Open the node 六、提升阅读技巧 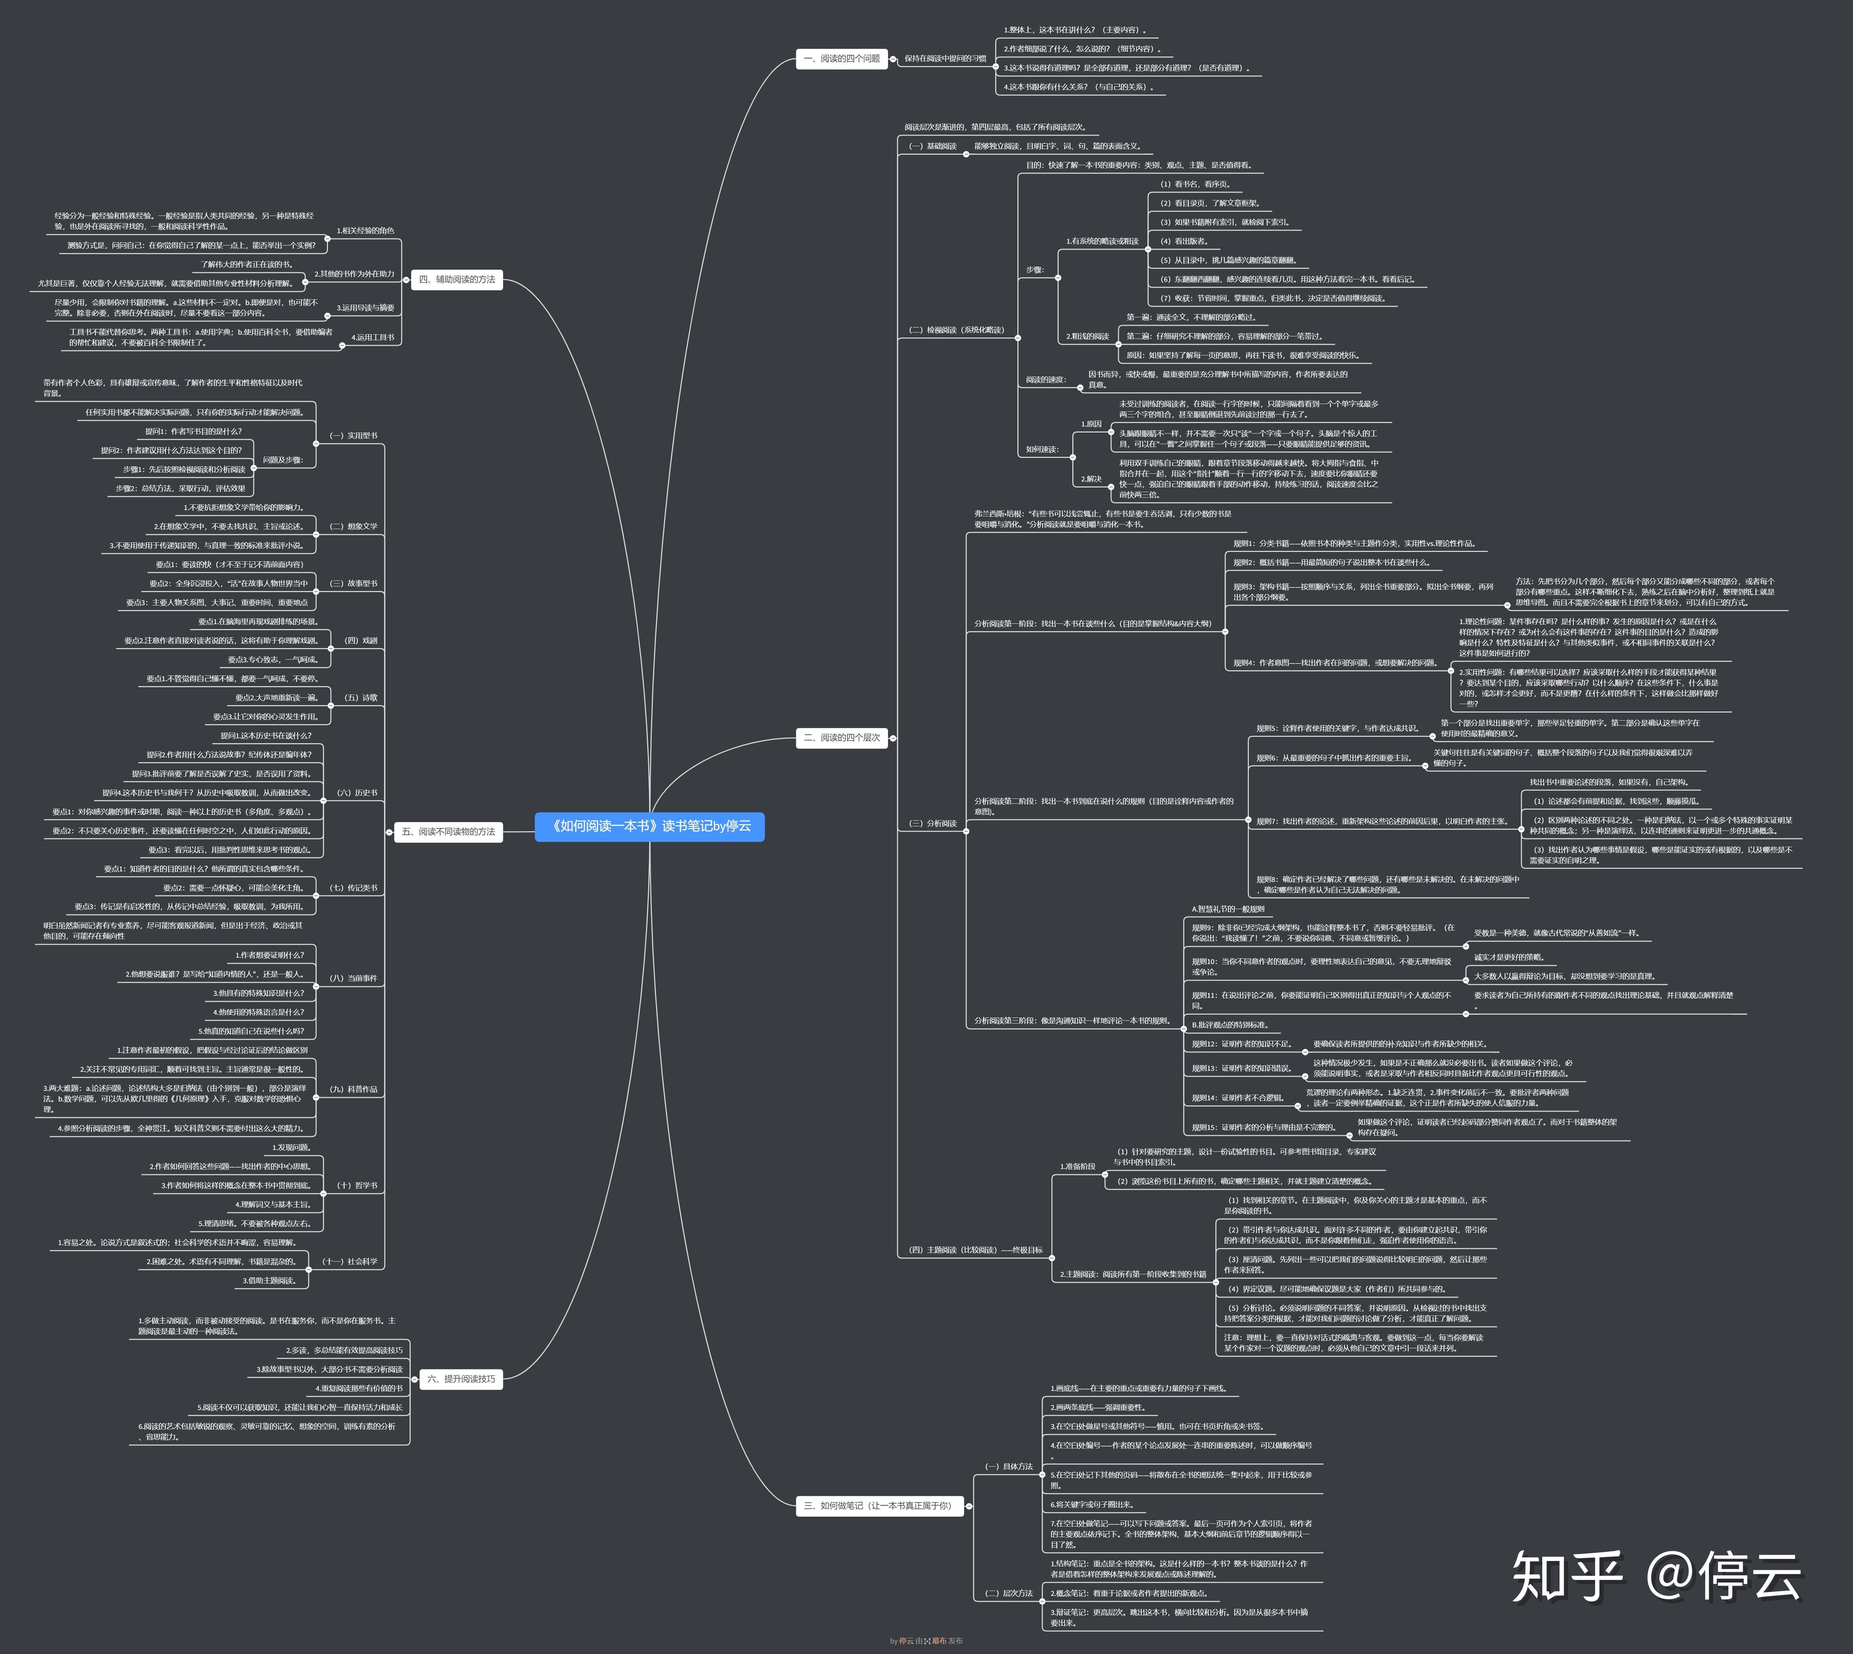[x=461, y=1379]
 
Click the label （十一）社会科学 [x=349, y=1261]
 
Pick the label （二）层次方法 [x=1008, y=1593]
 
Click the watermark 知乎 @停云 [x=1656, y=1577]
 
